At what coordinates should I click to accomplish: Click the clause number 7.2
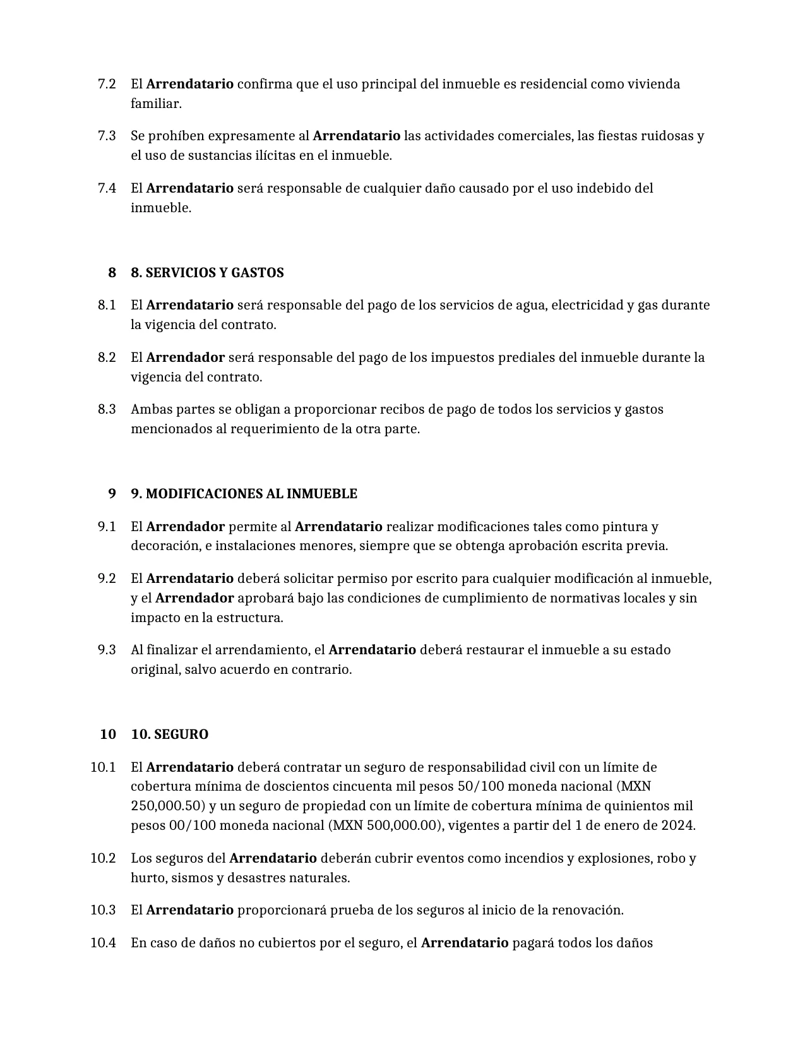(107, 84)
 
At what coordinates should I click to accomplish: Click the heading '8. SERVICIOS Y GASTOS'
(207, 273)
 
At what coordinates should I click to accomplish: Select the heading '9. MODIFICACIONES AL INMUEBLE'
(244, 494)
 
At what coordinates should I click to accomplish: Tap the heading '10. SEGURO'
(169, 734)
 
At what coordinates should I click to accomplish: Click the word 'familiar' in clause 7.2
(155, 104)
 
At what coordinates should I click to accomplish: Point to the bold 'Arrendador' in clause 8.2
(185, 357)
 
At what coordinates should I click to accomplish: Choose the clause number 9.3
(107, 650)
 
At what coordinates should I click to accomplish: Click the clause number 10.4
(103, 943)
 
